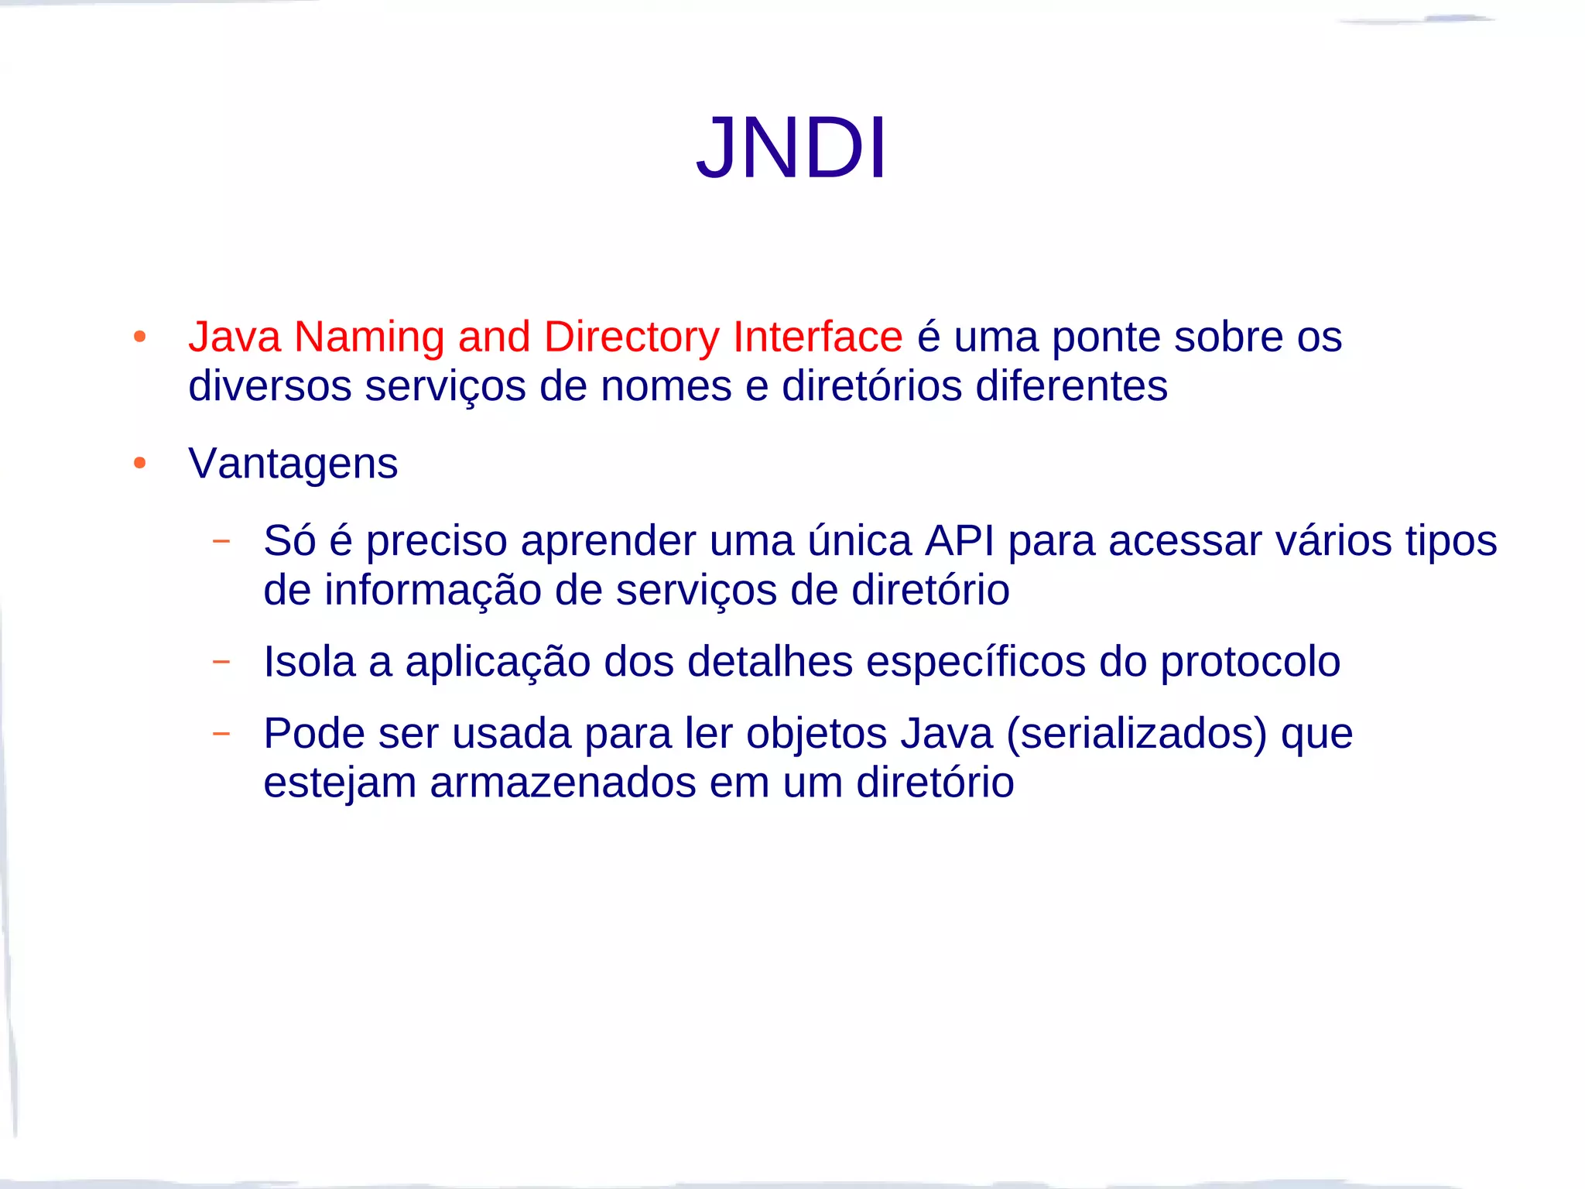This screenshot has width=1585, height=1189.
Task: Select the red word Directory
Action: pyautogui.click(x=631, y=338)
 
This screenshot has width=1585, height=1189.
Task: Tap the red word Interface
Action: pyautogui.click(x=817, y=337)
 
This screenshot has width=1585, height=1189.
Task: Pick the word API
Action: pyautogui.click(x=960, y=540)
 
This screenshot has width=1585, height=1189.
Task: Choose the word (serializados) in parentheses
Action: pyautogui.click(x=1136, y=734)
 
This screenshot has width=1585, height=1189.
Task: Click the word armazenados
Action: pyautogui.click(x=563, y=783)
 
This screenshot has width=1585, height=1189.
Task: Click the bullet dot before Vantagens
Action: pyautogui.click(x=140, y=464)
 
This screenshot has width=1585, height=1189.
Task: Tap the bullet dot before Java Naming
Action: pyautogui.click(x=140, y=337)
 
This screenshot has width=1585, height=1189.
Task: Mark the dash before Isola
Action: pyautogui.click(x=221, y=661)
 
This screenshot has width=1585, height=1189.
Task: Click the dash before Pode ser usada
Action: pyautogui.click(x=221, y=732)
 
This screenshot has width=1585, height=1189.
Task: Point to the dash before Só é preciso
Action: pyautogui.click(x=221, y=540)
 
